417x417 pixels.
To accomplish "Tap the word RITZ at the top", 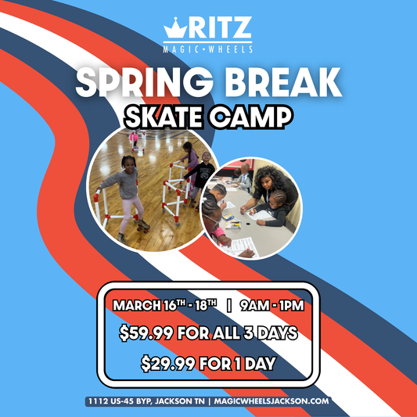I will tap(218, 29).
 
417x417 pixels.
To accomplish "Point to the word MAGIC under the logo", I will tap(183, 49).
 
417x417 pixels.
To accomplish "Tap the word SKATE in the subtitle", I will tap(165, 117).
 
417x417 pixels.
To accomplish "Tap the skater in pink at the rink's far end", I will tap(134, 138).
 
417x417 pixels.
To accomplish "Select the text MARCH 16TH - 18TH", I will tap(160, 304).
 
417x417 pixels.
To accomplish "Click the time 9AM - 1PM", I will tap(268, 304).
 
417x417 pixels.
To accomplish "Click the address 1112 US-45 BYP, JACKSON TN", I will tap(147, 401).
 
